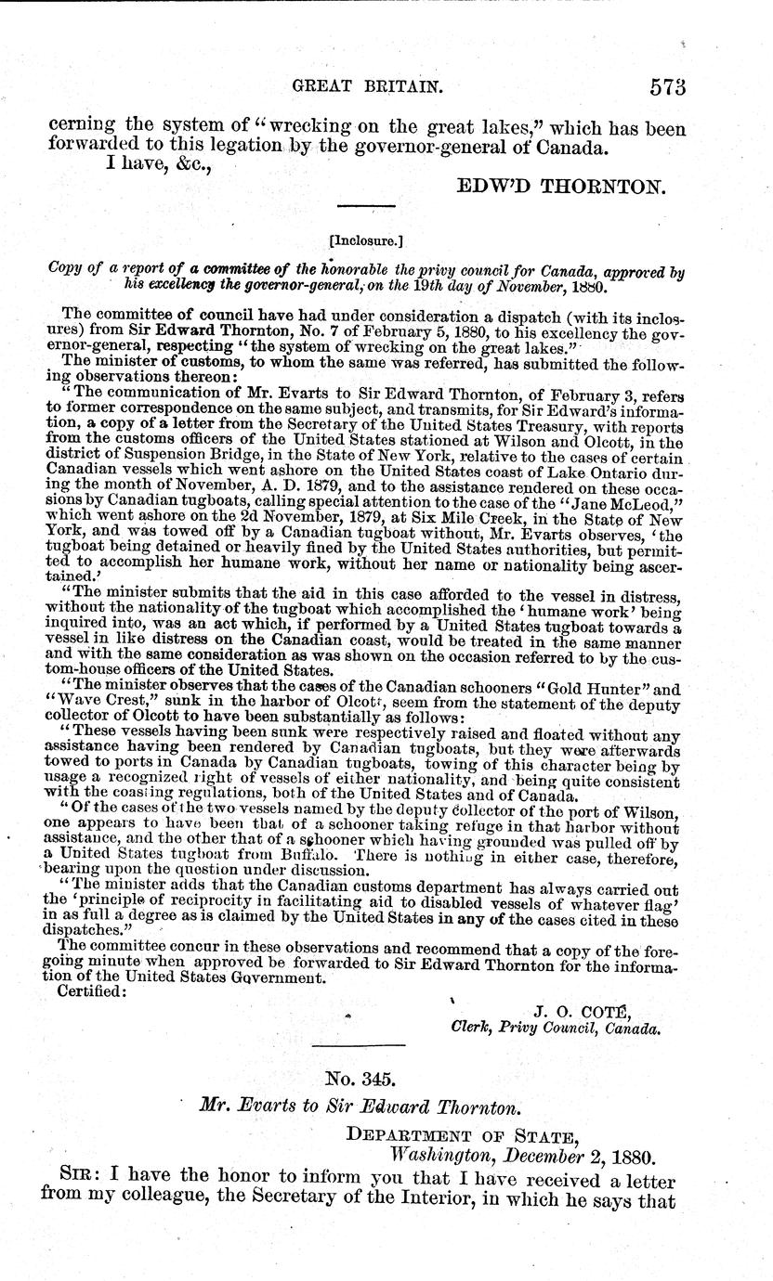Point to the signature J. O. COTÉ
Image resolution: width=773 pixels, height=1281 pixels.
583,1009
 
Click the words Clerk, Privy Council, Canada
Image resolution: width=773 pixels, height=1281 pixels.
556,1028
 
